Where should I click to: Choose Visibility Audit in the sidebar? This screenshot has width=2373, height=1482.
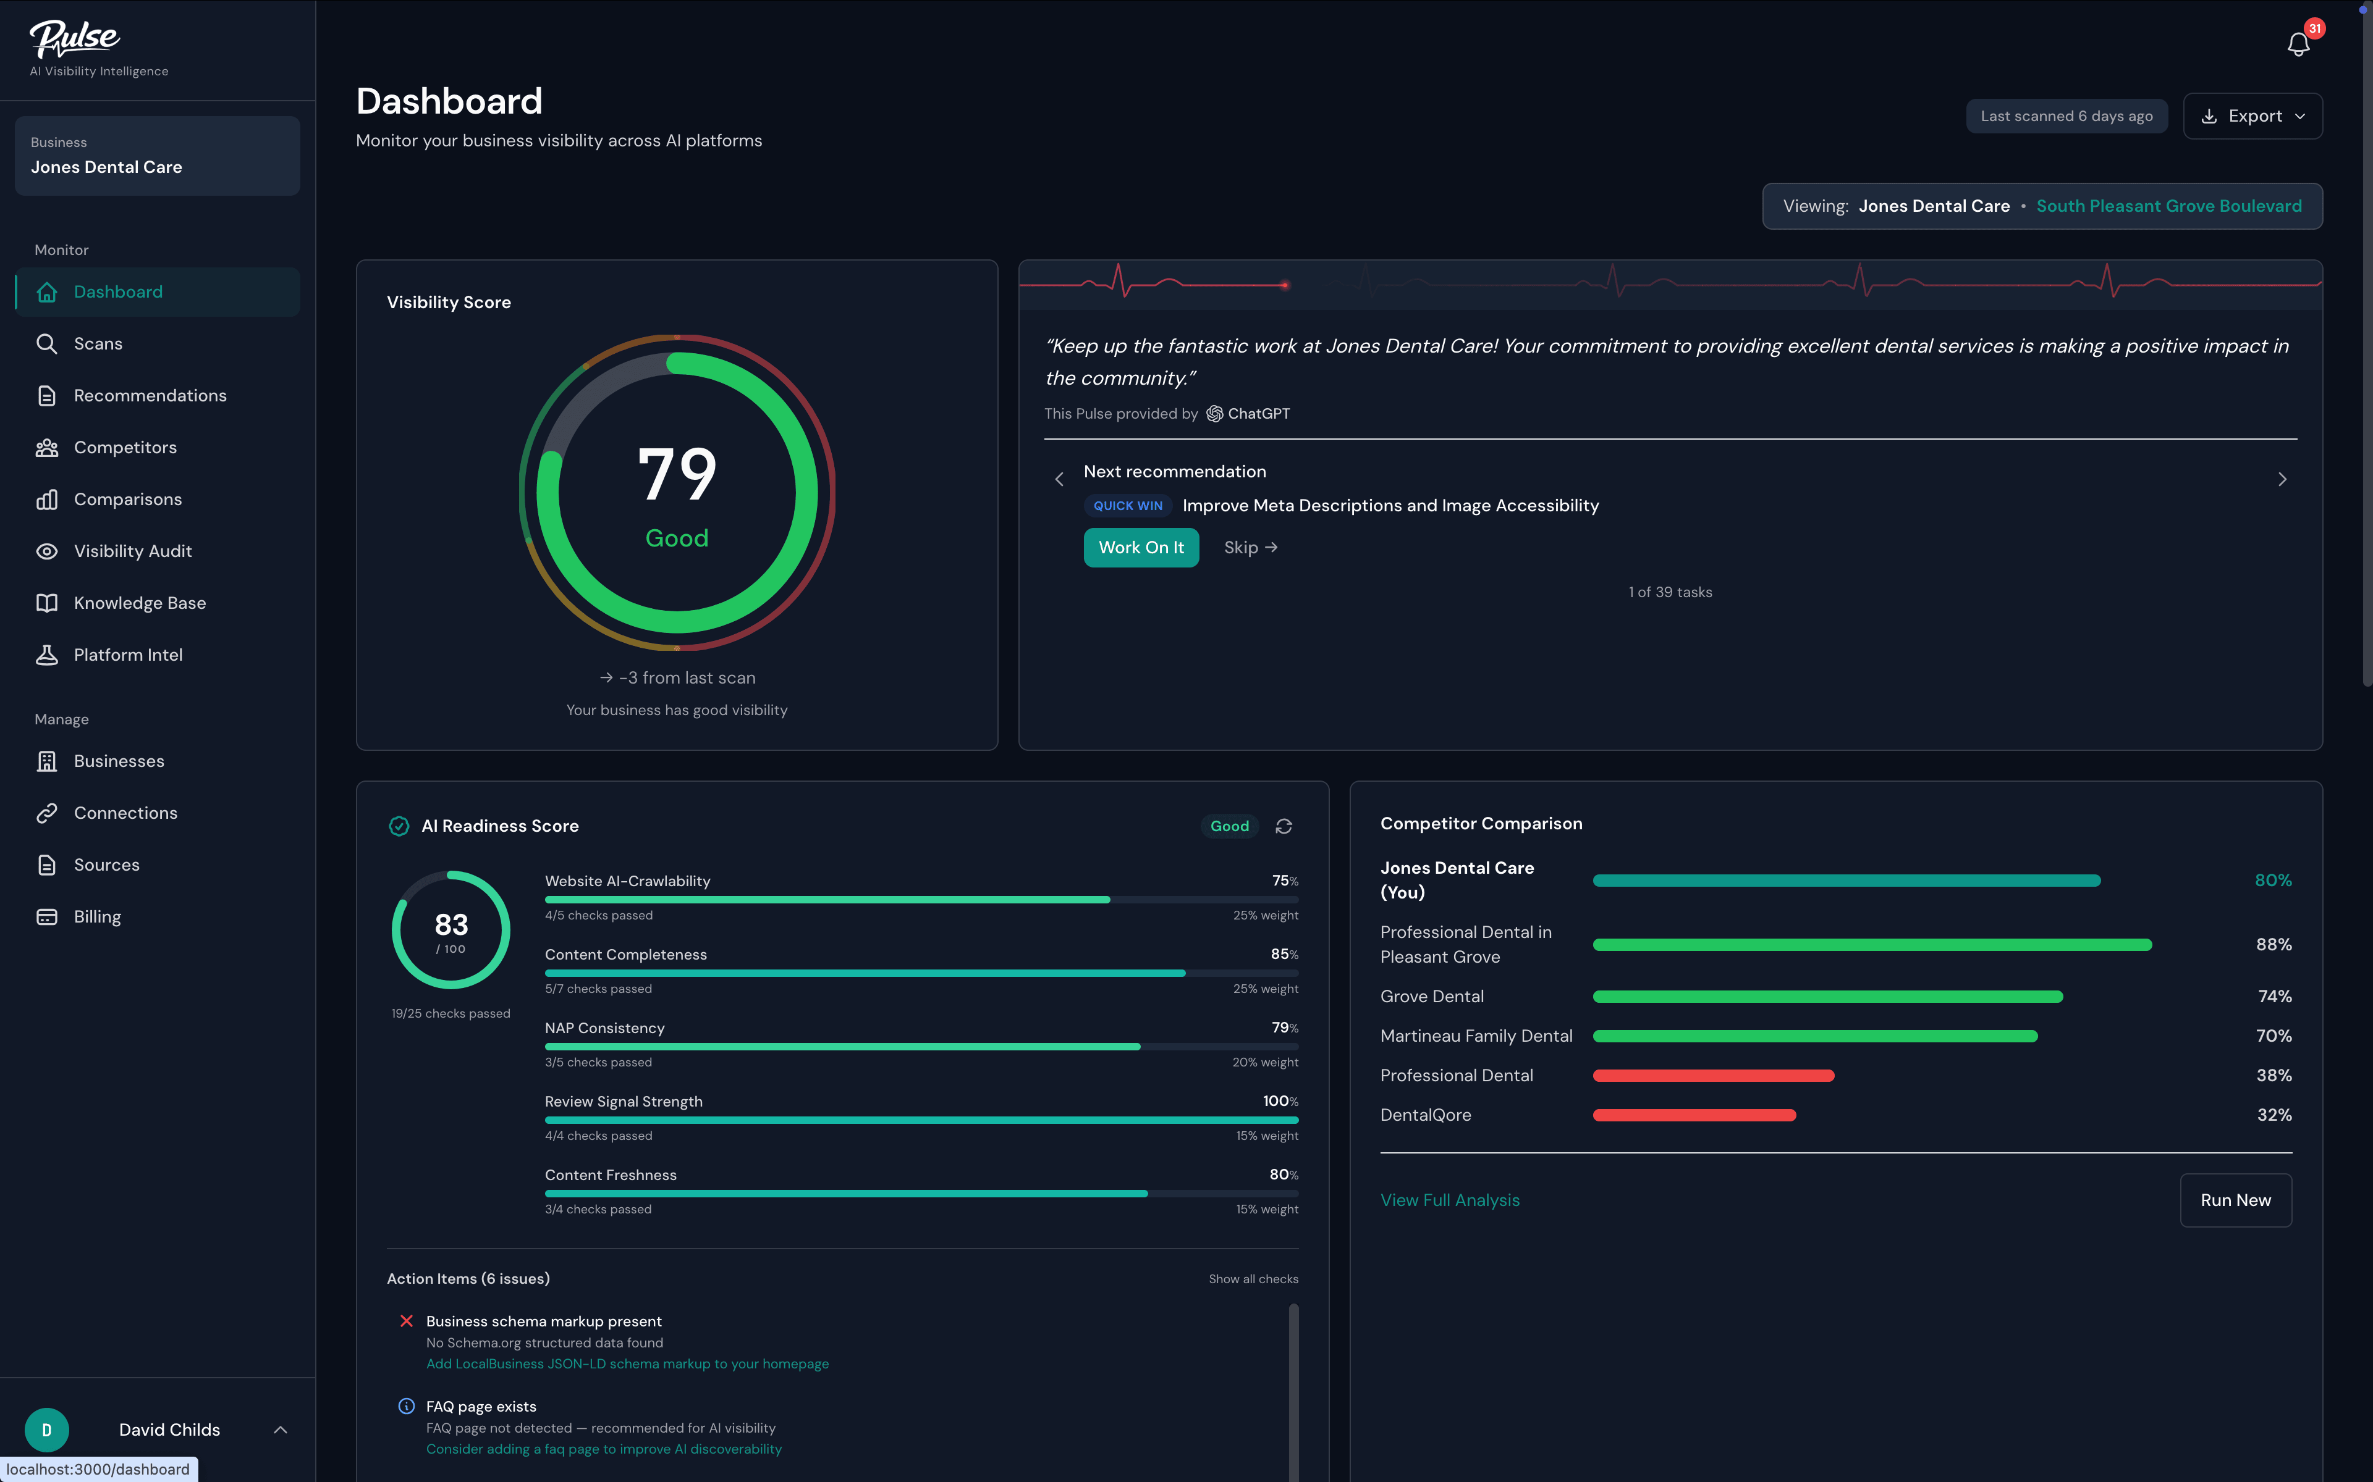(132, 551)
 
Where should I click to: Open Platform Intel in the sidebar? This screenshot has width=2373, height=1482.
(127, 655)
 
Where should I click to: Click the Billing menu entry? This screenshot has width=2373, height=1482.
(97, 916)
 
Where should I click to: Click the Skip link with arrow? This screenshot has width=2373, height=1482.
(1250, 548)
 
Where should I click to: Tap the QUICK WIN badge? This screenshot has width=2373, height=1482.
(1128, 506)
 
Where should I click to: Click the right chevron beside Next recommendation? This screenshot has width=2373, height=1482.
(2282, 479)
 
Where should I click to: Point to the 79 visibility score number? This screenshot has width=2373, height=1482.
(677, 474)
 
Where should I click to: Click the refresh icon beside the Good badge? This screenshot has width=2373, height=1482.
(1284, 826)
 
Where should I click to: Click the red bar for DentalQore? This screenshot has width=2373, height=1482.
(1693, 1115)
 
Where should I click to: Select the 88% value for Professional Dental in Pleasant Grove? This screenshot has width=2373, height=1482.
(2273, 945)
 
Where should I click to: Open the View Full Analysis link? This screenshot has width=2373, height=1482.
(1449, 1200)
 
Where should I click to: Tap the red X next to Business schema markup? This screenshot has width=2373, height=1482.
(406, 1321)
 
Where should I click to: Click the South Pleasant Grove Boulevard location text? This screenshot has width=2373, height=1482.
(2168, 206)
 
